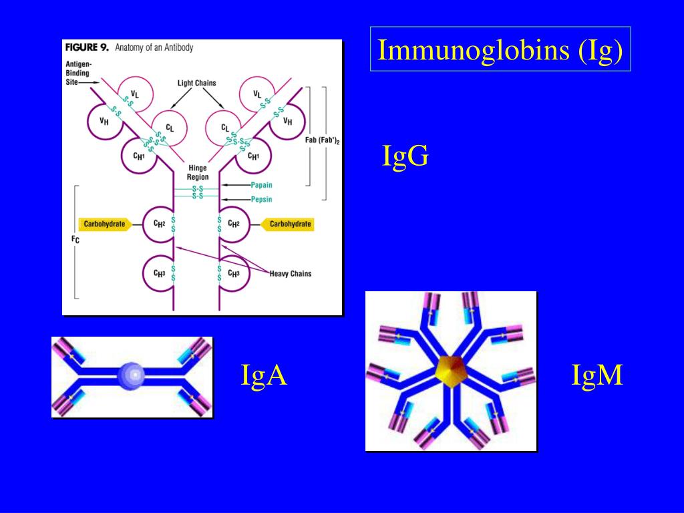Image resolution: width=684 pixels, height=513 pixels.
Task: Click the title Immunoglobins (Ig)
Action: click(500, 49)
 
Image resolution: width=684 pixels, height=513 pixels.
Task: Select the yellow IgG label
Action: click(405, 156)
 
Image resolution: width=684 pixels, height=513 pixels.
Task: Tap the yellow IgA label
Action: click(264, 375)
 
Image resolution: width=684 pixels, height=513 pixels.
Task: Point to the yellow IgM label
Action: click(597, 375)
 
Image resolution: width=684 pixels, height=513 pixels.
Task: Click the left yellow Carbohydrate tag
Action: click(104, 224)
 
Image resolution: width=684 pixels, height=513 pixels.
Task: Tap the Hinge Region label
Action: click(198, 173)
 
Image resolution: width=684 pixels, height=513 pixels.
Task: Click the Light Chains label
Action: click(196, 83)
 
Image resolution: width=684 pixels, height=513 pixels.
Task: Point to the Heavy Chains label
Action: click(290, 273)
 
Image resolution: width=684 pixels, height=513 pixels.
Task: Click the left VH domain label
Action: click(104, 122)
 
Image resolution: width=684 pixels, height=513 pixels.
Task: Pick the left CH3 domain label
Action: click(159, 273)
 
